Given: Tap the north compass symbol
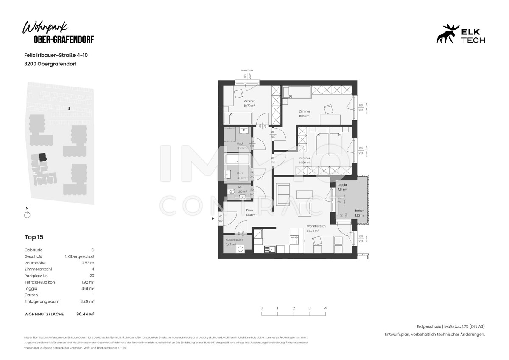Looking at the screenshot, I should [27, 215].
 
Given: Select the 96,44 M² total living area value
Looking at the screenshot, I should [85, 314].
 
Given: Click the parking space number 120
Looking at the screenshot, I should [91, 276].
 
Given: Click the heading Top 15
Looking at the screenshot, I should [34, 237].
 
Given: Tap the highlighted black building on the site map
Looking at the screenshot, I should [42, 157].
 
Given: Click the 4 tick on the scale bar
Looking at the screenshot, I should [325, 309].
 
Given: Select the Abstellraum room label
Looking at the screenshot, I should [234, 240].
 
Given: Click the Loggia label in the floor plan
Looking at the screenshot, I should [342, 185].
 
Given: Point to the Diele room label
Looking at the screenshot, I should [250, 210].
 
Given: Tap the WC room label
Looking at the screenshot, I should [240, 187].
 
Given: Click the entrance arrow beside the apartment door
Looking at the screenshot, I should [213, 219].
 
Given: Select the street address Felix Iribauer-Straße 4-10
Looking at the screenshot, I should [56, 55].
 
